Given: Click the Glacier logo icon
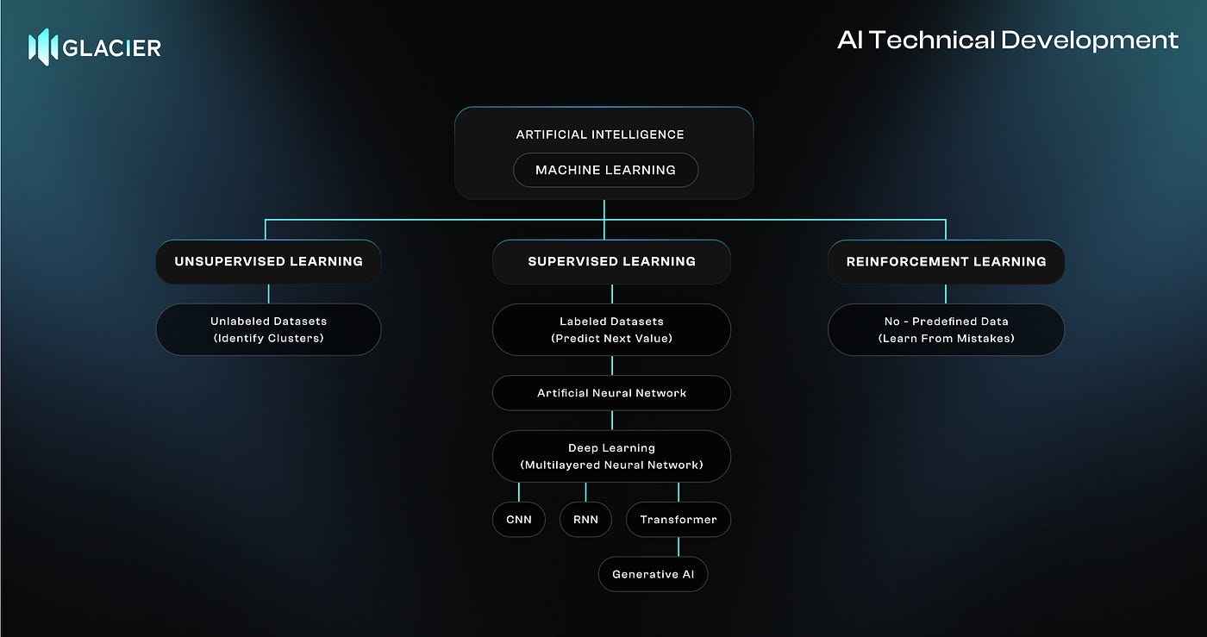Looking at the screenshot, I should [43, 47].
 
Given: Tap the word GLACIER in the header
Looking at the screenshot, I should [112, 47].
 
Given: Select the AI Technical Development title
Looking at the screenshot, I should [1007, 40].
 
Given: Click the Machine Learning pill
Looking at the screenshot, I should [605, 170].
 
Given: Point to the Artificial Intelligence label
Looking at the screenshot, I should [600, 134].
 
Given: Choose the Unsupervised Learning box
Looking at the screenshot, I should [268, 261].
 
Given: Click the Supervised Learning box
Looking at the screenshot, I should [611, 261].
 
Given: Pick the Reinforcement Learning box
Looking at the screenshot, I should [946, 261].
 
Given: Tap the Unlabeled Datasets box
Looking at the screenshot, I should [268, 329].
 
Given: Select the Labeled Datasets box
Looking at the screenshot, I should [611, 329].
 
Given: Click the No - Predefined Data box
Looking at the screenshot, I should [946, 329].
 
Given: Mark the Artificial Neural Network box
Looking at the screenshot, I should [611, 393].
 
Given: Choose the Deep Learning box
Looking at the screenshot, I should [611, 456].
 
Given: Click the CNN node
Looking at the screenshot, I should [519, 520].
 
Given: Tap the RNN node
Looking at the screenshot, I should [585, 520].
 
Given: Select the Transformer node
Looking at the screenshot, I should [679, 520].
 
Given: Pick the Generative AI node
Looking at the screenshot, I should [653, 574].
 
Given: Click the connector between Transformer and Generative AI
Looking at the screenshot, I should [679, 547].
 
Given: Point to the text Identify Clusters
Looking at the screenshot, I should [268, 338].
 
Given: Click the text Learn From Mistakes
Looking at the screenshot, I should [946, 338].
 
